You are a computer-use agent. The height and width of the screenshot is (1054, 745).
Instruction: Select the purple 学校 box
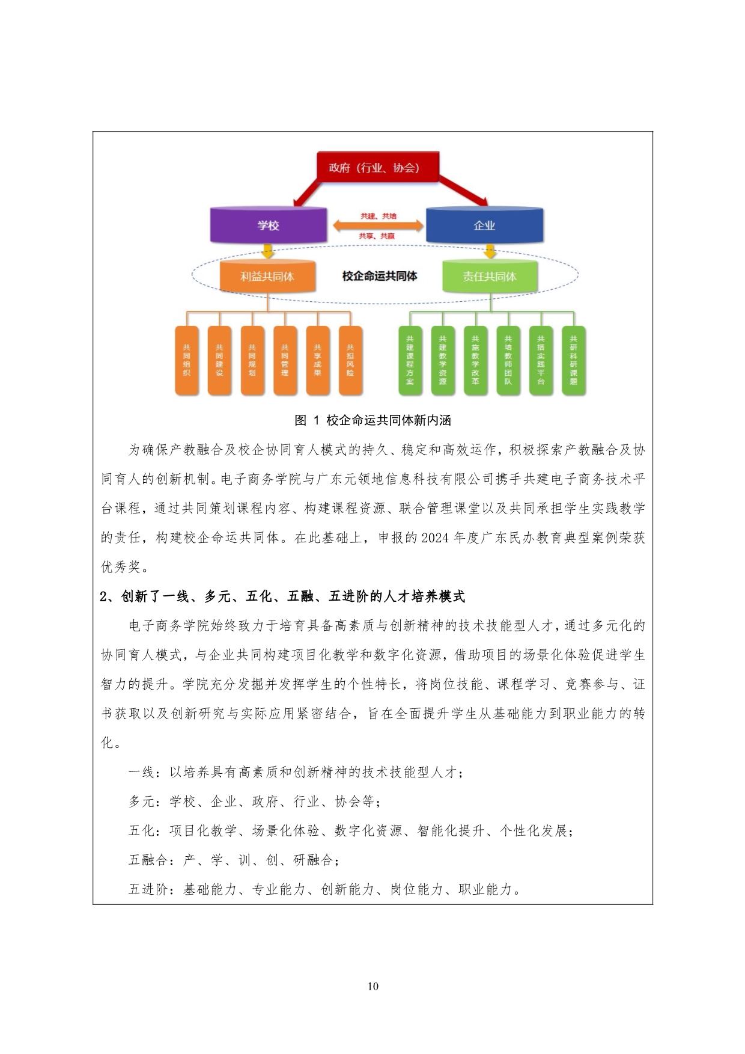[x=268, y=225]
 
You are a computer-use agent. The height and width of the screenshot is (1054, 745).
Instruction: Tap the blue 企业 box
[x=484, y=225]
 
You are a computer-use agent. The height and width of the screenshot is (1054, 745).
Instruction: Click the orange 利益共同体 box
[x=267, y=277]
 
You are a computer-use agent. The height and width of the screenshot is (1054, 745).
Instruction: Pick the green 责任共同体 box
[x=490, y=277]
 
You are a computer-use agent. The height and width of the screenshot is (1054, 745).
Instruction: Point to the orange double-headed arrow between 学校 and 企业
[x=378, y=226]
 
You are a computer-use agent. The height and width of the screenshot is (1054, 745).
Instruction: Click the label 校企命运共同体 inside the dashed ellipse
[x=379, y=276]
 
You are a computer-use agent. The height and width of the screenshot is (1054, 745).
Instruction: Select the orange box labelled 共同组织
[x=187, y=360]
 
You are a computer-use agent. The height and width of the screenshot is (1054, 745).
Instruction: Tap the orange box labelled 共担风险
[x=350, y=360]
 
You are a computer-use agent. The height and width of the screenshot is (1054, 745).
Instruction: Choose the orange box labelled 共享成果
[x=317, y=360]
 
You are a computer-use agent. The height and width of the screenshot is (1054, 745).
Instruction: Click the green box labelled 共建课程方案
[x=410, y=360]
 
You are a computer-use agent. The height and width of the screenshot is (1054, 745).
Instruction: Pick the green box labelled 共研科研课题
[x=573, y=360]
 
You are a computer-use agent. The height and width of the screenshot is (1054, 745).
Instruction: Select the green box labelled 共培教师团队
[x=508, y=360]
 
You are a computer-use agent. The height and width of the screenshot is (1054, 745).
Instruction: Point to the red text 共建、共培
[x=378, y=216]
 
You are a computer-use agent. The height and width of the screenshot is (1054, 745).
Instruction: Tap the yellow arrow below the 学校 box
[x=268, y=251]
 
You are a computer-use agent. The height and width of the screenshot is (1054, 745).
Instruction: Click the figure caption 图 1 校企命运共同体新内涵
[x=372, y=420]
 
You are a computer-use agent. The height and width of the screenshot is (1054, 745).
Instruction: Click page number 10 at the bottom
[x=372, y=986]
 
